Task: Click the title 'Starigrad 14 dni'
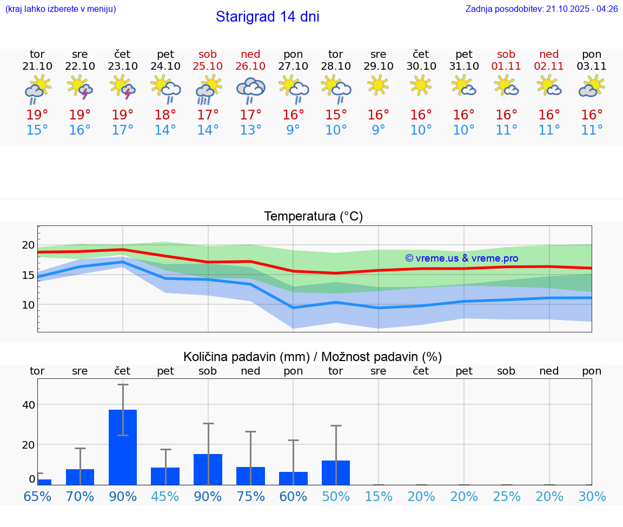tap(267, 17)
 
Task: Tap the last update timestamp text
tap(541, 9)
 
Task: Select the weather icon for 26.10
tap(250, 90)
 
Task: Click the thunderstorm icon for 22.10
tap(80, 88)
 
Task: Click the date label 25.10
tap(208, 66)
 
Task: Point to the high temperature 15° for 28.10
tap(336, 115)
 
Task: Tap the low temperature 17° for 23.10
tap(123, 130)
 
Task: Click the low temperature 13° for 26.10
tap(250, 130)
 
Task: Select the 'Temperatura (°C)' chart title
tap(313, 217)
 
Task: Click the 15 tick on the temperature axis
tap(28, 275)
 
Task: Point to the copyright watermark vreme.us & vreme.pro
tap(461, 258)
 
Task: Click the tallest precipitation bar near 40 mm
tap(123, 447)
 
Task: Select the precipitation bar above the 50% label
tap(336, 472)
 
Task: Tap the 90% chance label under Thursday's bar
tap(123, 496)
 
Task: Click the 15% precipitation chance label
tap(379, 496)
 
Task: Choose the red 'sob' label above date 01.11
tap(506, 54)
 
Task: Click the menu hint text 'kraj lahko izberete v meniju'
tap(61, 9)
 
